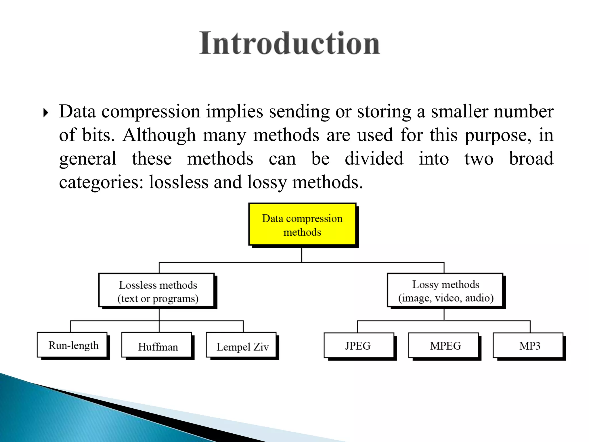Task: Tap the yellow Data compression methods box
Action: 302,225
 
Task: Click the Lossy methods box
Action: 445,291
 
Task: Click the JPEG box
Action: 358,346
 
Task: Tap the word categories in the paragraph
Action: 101,182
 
